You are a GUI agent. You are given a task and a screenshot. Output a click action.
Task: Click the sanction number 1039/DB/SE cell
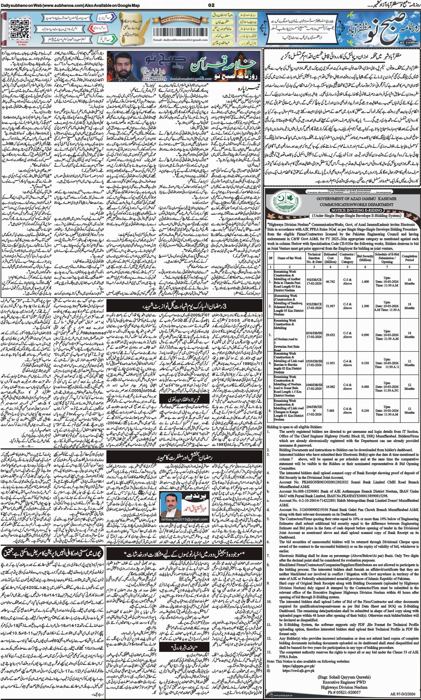tap(314, 363)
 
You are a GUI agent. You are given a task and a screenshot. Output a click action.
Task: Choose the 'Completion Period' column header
tap(409, 257)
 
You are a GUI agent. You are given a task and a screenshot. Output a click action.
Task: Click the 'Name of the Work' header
tap(290, 258)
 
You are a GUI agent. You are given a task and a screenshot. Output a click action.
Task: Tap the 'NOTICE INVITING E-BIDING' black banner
tap(341, 210)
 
